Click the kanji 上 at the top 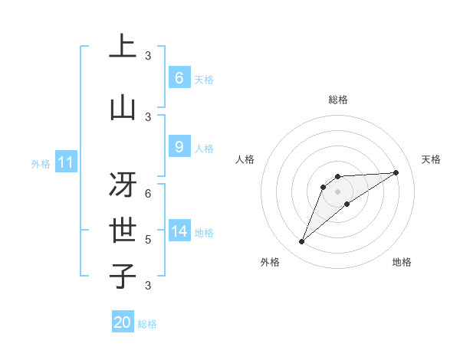[123, 46]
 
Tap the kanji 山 [123, 107]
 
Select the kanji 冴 [123, 184]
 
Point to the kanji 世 [123, 230]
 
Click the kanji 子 [123, 276]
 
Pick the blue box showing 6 [179, 78]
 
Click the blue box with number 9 [179, 147]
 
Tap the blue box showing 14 [179, 231]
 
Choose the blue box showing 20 [123, 322]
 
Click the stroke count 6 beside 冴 [148, 194]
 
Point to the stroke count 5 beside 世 [148, 240]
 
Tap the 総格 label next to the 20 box [147, 324]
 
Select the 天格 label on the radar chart [432, 159]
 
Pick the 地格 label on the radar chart [402, 262]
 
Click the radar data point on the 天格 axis [396, 172]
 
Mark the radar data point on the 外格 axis [301, 242]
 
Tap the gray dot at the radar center [337, 191]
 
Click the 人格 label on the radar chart [245, 159]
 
